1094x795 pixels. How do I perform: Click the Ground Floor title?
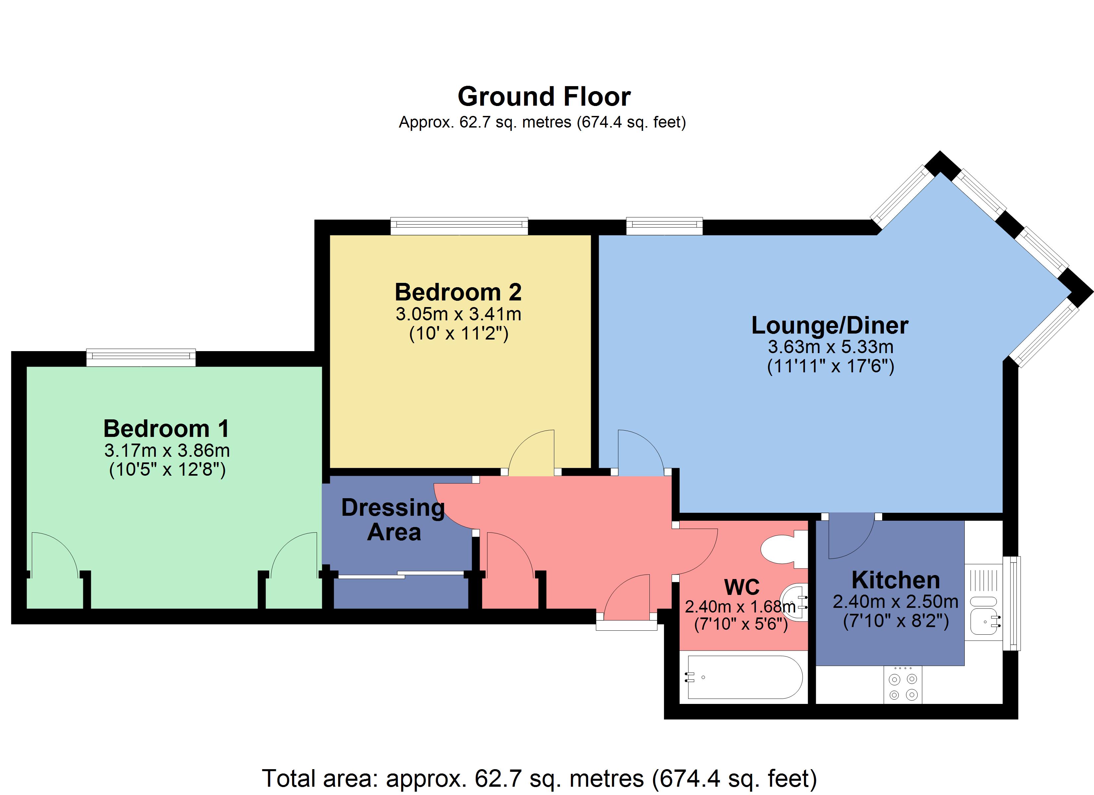[544, 97]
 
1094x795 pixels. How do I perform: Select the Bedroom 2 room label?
[458, 292]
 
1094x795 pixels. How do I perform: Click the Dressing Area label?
[393, 520]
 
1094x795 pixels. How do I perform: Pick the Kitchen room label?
[896, 580]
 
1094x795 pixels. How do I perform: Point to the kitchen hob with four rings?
[902, 686]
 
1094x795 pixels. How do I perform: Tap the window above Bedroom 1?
[141, 357]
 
